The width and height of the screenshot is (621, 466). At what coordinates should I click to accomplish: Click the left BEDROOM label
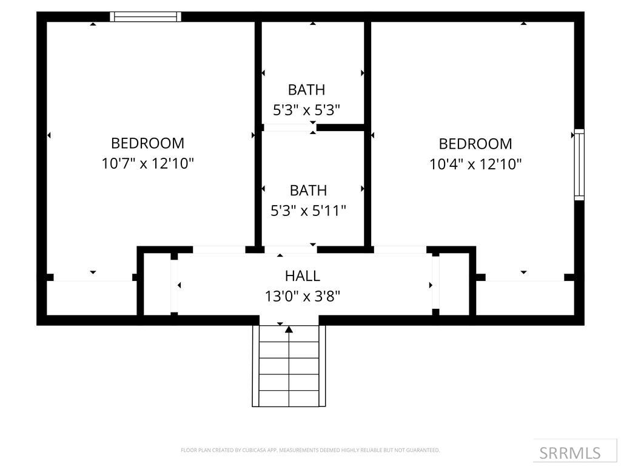pos(147,143)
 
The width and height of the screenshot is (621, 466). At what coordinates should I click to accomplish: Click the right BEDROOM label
pos(475,144)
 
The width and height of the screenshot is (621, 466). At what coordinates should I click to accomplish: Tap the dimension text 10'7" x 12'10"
pos(147,163)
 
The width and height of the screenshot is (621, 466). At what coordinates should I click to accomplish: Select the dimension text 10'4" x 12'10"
pos(475,164)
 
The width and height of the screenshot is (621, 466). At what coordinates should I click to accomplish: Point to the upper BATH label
pos(306,90)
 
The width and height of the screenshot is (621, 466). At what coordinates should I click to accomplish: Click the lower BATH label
pos(308,191)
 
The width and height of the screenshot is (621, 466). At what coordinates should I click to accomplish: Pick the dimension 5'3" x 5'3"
pos(306,110)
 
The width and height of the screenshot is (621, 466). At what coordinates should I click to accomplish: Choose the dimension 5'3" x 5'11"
pos(308,211)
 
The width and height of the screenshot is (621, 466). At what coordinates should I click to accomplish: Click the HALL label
pos(302,276)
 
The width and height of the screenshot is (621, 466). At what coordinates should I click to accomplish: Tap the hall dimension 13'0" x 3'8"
pos(302,296)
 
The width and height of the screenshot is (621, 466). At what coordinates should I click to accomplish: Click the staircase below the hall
pos(289,370)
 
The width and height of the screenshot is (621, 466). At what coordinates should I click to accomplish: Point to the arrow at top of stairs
pos(289,329)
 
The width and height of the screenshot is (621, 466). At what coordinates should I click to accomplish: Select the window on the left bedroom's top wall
pos(146,17)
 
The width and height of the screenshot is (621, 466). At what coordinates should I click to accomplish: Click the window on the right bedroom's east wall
pos(579,164)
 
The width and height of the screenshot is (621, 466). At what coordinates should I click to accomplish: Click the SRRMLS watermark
pos(570,453)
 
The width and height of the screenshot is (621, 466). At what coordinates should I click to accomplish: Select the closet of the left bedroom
pos(91,297)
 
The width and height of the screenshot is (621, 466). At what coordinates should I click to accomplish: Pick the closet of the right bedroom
pos(525,297)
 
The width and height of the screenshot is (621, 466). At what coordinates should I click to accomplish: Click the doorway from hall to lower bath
pos(290,249)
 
